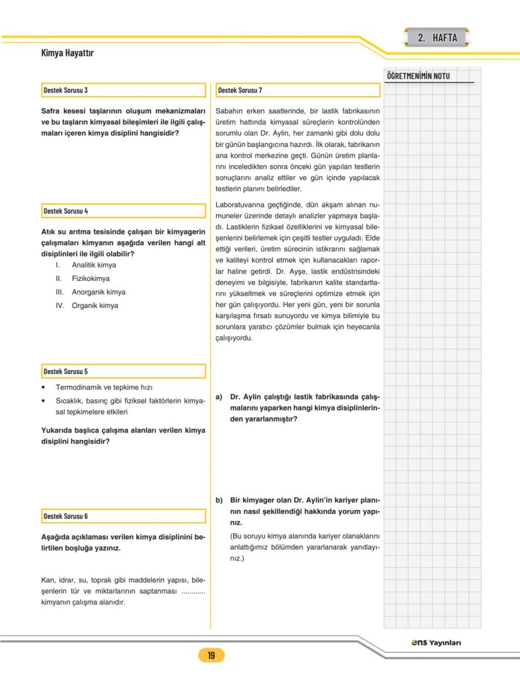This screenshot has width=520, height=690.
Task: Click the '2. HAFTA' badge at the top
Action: [437, 38]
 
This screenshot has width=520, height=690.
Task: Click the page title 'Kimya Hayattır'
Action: [67, 53]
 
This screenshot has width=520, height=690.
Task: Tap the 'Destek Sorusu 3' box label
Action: [65, 90]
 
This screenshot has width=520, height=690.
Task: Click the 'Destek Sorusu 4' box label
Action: [65, 211]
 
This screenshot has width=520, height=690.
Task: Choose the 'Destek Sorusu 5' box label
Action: [65, 371]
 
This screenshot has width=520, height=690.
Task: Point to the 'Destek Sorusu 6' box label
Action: [65, 516]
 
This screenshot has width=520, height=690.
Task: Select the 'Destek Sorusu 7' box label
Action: [240, 90]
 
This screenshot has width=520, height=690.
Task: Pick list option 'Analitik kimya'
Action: [94, 265]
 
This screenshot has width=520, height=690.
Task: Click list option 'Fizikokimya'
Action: [90, 278]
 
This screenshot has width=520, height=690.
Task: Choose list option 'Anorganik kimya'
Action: [98, 292]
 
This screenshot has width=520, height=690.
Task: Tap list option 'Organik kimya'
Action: [95, 306]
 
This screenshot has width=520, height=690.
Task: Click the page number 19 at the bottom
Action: [211, 656]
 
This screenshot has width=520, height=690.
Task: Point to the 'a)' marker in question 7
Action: [219, 397]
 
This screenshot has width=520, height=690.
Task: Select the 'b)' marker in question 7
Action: [219, 501]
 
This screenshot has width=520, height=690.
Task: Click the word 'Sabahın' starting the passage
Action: [228, 111]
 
